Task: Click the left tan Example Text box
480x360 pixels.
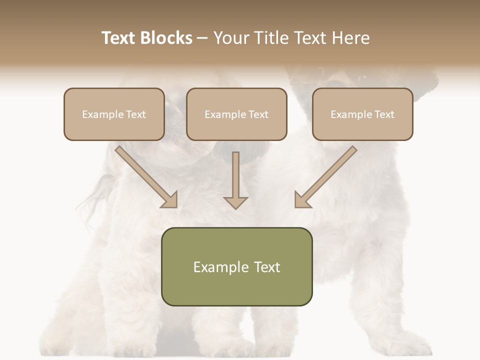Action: [x=114, y=114]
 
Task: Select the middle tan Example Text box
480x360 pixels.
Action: [x=236, y=114]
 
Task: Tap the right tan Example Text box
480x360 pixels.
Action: [x=362, y=114]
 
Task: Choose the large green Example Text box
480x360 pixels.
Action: [x=236, y=266]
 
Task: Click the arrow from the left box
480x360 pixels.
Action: [x=145, y=175]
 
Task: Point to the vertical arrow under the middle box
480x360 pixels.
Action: [x=235, y=180]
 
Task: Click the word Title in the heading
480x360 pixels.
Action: [x=272, y=38]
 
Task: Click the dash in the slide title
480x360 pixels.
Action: [x=202, y=38]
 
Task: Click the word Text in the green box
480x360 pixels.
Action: [x=266, y=267]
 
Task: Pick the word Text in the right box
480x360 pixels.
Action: [x=384, y=114]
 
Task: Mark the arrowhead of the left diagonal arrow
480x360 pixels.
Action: [x=170, y=200]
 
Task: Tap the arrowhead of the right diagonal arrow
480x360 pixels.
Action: [x=302, y=200]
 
